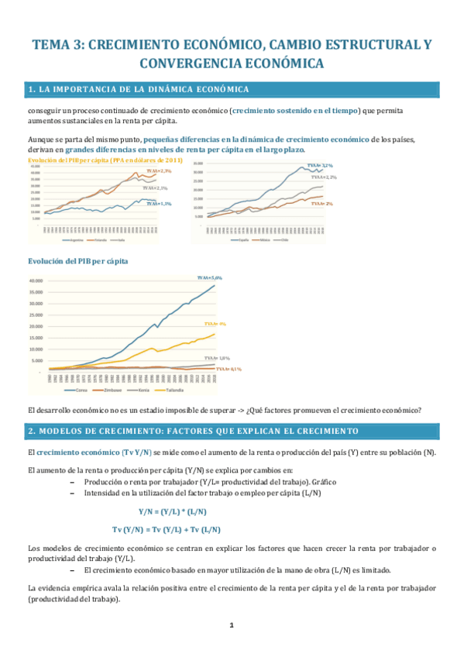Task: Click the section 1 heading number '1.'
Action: [32, 91]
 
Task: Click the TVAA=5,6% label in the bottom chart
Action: [209, 277]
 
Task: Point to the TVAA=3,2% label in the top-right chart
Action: [320, 166]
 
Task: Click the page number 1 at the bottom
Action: [232, 624]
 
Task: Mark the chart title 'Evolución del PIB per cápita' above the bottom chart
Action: [77, 261]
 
